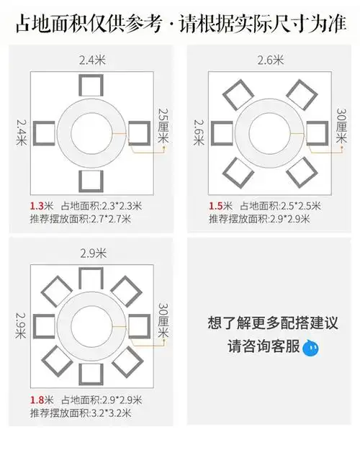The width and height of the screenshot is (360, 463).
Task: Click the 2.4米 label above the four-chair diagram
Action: coord(91,61)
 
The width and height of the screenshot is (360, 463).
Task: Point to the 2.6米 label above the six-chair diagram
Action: coord(269,61)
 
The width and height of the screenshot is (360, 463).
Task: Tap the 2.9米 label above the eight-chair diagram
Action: coord(91,253)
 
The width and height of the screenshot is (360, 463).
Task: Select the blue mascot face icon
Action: coord(310,349)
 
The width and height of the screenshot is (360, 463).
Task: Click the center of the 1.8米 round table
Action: coord(92,327)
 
